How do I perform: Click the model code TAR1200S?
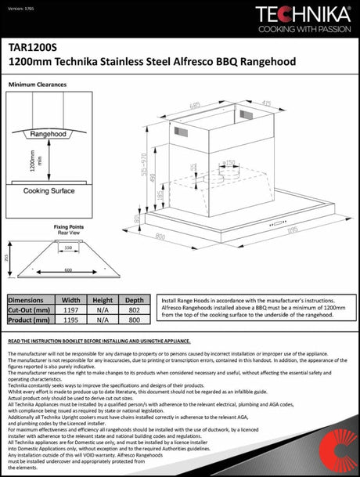[31, 46]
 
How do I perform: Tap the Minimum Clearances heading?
[37, 83]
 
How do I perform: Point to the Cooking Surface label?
[49, 190]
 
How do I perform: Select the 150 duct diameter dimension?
[230, 163]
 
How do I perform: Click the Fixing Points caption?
[68, 226]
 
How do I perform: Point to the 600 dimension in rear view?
[68, 269]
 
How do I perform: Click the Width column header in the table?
[71, 299]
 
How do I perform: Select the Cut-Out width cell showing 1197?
[71, 309]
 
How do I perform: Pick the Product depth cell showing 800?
[134, 320]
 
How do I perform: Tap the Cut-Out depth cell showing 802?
[134, 309]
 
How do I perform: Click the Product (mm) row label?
[30, 320]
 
